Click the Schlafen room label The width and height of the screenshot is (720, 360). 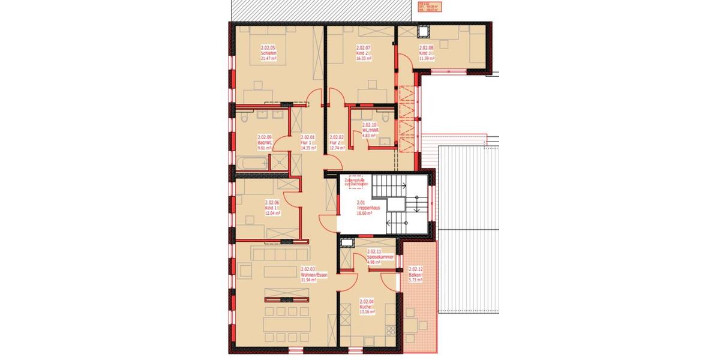pyautogui.click(x=268, y=53)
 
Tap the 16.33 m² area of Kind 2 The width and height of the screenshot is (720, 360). pyautogui.click(x=364, y=59)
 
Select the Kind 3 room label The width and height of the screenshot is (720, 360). pyautogui.click(x=425, y=53)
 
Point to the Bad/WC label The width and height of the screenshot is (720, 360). pyautogui.click(x=265, y=142)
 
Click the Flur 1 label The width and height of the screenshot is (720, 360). pyautogui.click(x=307, y=142)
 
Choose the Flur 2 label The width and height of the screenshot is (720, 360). pyautogui.click(x=337, y=142)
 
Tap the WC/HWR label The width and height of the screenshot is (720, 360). pyautogui.click(x=369, y=130)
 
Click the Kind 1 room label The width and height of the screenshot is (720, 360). pyautogui.click(x=272, y=208)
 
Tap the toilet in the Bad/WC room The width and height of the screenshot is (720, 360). pyautogui.click(x=243, y=118)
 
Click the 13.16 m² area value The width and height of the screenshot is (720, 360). pyautogui.click(x=367, y=312)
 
